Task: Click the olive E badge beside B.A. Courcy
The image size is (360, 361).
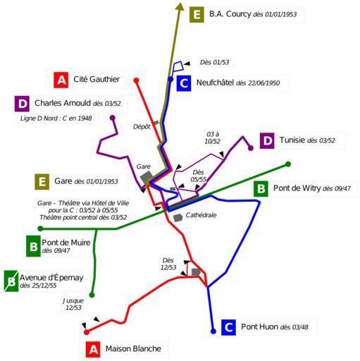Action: [x=197, y=15]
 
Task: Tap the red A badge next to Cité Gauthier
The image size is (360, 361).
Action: [x=61, y=80]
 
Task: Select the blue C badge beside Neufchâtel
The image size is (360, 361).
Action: [x=184, y=83]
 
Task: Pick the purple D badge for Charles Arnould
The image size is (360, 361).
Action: [x=22, y=104]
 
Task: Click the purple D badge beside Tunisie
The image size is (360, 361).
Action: [x=267, y=140]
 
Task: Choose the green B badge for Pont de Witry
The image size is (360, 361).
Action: [x=261, y=189]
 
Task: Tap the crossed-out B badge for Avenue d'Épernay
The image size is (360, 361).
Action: [x=11, y=281]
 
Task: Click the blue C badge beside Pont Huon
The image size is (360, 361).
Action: [x=228, y=327]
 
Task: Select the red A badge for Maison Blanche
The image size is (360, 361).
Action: [x=93, y=349]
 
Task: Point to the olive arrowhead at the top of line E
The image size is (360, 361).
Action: [x=180, y=6]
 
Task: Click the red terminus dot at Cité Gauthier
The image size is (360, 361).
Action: [x=136, y=80]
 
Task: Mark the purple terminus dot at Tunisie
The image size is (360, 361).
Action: [x=251, y=148]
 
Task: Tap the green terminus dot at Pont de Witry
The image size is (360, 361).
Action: [x=288, y=164]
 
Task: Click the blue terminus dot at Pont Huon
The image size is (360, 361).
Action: [x=213, y=331]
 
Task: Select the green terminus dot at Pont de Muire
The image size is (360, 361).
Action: [x=40, y=228]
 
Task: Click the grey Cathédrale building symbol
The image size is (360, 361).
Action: [x=178, y=218]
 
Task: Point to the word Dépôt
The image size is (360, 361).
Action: [x=142, y=127]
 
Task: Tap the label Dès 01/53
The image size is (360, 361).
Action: [x=214, y=62]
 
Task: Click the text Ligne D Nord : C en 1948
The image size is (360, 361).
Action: [x=56, y=118]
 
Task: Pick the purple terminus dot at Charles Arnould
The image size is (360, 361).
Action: [x=113, y=118]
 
